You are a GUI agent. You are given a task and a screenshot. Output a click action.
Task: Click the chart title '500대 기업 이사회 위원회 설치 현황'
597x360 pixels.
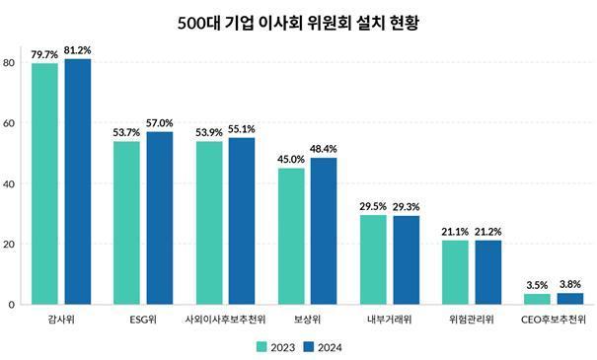pyautogui.click(x=298, y=22)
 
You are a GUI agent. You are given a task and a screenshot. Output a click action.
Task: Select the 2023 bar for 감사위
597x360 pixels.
pyautogui.click(x=45, y=183)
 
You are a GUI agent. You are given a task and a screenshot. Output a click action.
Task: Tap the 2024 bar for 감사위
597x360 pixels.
pyautogui.click(x=77, y=181)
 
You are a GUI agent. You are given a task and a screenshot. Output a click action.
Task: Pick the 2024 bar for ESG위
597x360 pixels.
pyautogui.click(x=160, y=218)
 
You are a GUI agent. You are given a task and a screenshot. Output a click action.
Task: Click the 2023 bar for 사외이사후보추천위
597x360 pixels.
pyautogui.click(x=209, y=223)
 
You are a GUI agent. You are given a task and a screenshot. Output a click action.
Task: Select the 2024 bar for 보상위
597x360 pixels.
pyautogui.click(x=324, y=231)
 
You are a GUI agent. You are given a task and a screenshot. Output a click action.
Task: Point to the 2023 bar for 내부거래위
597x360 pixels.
pyautogui.click(x=373, y=259)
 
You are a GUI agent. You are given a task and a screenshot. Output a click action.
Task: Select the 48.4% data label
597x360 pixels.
pyautogui.click(x=324, y=150)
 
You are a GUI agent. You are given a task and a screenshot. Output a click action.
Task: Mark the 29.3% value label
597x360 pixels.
pyautogui.click(x=407, y=207)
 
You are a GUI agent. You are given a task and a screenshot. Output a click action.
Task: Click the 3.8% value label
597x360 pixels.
pyautogui.click(x=570, y=284)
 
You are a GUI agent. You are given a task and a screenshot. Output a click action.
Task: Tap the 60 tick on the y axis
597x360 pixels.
pyautogui.click(x=9, y=123)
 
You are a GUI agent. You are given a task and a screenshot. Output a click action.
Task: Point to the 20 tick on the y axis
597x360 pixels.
pyautogui.click(x=9, y=244)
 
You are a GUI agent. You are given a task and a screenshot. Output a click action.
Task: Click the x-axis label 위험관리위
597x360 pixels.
pyautogui.click(x=472, y=321)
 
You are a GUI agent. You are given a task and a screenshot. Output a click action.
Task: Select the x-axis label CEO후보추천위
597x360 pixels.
pyautogui.click(x=554, y=321)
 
